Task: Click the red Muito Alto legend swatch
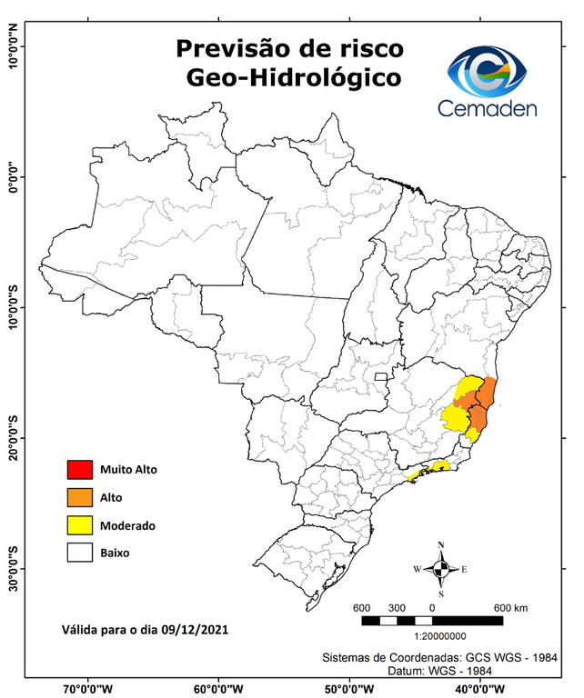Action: tap(79, 470)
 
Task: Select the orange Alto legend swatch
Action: tap(79, 497)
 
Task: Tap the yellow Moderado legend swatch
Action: tap(79, 524)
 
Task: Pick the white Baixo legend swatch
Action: tap(79, 552)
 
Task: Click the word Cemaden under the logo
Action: tap(488, 108)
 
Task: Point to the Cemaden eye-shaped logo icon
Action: tap(488, 70)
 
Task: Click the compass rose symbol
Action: tap(441, 569)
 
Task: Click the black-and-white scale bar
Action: tap(432, 620)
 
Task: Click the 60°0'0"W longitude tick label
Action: tap(217, 688)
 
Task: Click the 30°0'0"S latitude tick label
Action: tap(13, 568)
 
